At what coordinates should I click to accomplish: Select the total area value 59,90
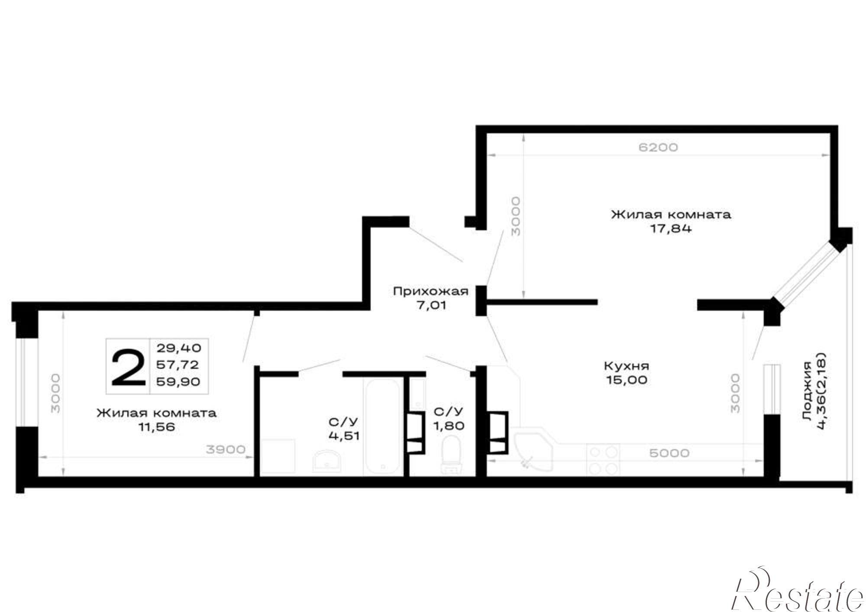[178, 381]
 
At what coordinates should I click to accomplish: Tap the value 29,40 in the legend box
[179, 348]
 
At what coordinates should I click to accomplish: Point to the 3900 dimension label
[226, 450]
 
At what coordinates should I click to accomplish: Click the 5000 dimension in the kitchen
[669, 453]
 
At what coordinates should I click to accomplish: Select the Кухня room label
[627, 366]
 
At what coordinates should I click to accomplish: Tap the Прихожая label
[431, 291]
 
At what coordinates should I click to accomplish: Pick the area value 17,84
[671, 228]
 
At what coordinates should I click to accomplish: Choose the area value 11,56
[156, 427]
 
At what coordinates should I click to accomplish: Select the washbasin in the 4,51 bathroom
[327, 460]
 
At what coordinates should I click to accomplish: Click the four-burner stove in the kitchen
[603, 460]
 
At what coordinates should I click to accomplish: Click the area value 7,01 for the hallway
[431, 305]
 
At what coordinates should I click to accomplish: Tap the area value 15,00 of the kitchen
[627, 380]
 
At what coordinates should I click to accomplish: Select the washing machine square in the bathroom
[278, 457]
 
